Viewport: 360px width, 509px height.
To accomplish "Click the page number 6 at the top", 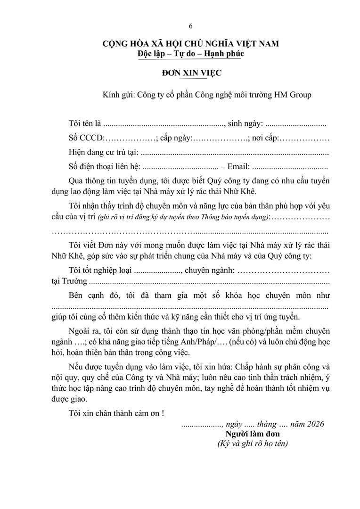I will [190, 26].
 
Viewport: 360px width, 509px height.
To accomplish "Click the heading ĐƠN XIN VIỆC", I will [191, 73].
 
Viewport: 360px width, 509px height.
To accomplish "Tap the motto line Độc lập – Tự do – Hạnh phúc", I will [190, 54].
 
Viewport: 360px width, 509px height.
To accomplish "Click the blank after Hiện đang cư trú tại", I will [234, 153].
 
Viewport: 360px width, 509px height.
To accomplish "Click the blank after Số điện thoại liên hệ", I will [179, 167].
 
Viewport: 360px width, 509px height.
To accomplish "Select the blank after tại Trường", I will [209, 281].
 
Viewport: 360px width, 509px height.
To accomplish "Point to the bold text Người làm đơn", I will [253, 434].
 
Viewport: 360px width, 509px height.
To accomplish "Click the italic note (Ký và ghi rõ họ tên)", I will [253, 443].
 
